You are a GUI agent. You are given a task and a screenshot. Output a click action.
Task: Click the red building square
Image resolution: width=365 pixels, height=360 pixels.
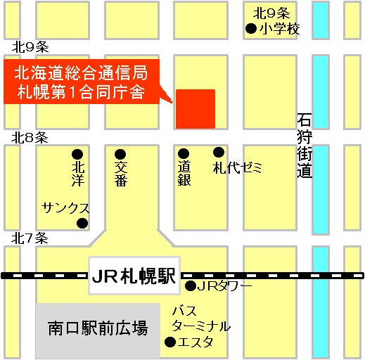pos(196,109)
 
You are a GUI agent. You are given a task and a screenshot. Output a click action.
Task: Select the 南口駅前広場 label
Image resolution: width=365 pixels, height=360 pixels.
pos(98,328)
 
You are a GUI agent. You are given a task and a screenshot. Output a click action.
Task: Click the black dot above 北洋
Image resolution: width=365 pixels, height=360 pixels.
pos(77,154)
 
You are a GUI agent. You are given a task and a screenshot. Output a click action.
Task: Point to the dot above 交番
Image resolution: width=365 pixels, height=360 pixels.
pos(120,154)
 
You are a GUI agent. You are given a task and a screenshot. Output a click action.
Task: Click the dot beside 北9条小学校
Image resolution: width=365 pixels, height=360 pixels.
pos(250,29)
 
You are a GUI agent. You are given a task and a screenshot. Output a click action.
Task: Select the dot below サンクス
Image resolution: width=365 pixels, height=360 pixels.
pos(82,224)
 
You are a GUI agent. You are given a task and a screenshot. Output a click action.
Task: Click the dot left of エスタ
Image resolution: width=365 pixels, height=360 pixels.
pos(169,342)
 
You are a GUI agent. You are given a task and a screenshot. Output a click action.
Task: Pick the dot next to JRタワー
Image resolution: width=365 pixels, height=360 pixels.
pos(190,286)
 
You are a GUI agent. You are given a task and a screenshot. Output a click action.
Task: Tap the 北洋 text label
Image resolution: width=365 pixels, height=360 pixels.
pos(77,174)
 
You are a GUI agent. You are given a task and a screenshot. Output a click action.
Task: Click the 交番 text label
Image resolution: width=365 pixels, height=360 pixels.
pos(121,174)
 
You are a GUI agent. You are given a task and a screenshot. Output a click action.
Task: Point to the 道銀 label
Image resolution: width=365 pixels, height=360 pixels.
pos(184,174)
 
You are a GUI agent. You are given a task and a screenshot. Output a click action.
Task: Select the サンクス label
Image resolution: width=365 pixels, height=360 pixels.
pos(65,208)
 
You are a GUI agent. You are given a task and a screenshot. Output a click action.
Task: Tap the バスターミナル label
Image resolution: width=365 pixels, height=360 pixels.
pos(200,319)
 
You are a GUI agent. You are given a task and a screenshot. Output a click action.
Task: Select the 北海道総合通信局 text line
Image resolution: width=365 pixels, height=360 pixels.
pos(80,72)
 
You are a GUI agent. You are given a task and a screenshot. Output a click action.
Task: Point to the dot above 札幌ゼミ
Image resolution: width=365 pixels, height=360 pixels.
pos(219,152)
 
